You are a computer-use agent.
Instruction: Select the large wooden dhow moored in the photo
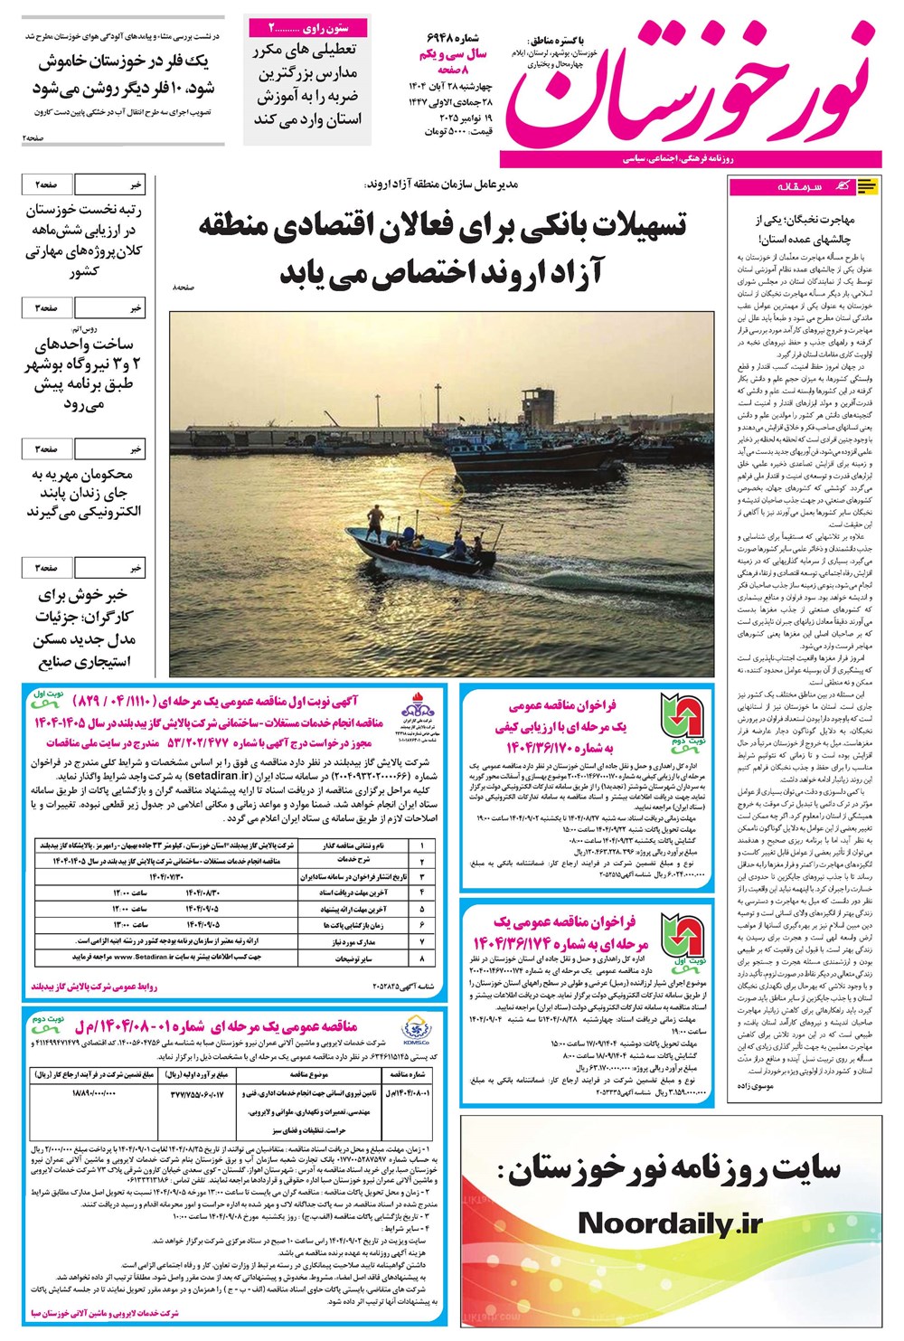[x=533, y=463]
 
